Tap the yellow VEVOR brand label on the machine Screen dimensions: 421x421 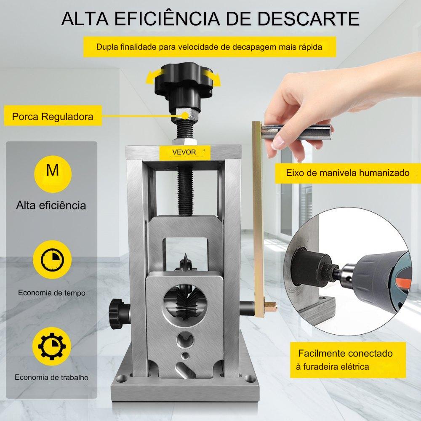tap(184, 152)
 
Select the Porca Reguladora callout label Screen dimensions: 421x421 tap(53, 116)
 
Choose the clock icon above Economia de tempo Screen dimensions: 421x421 tap(52, 259)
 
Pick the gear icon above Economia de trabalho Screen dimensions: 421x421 tap(52, 346)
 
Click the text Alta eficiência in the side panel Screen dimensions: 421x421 tap(51, 205)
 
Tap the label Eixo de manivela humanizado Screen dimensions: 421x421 tap(348, 173)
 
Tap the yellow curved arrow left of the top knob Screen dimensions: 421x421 tap(155, 75)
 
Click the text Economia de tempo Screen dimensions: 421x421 tap(51, 293)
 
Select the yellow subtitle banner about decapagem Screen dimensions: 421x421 tap(209, 47)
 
